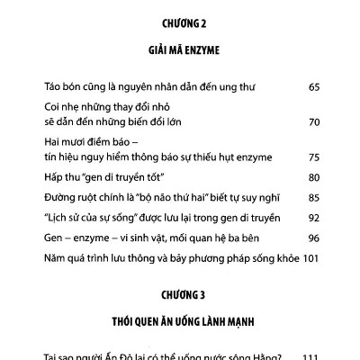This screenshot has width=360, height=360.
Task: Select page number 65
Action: (314, 87)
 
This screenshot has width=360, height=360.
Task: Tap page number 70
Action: (314, 121)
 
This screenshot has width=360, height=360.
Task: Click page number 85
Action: (314, 197)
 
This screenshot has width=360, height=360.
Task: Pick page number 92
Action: (314, 219)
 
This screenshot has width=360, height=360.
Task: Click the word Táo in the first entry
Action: (52, 87)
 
